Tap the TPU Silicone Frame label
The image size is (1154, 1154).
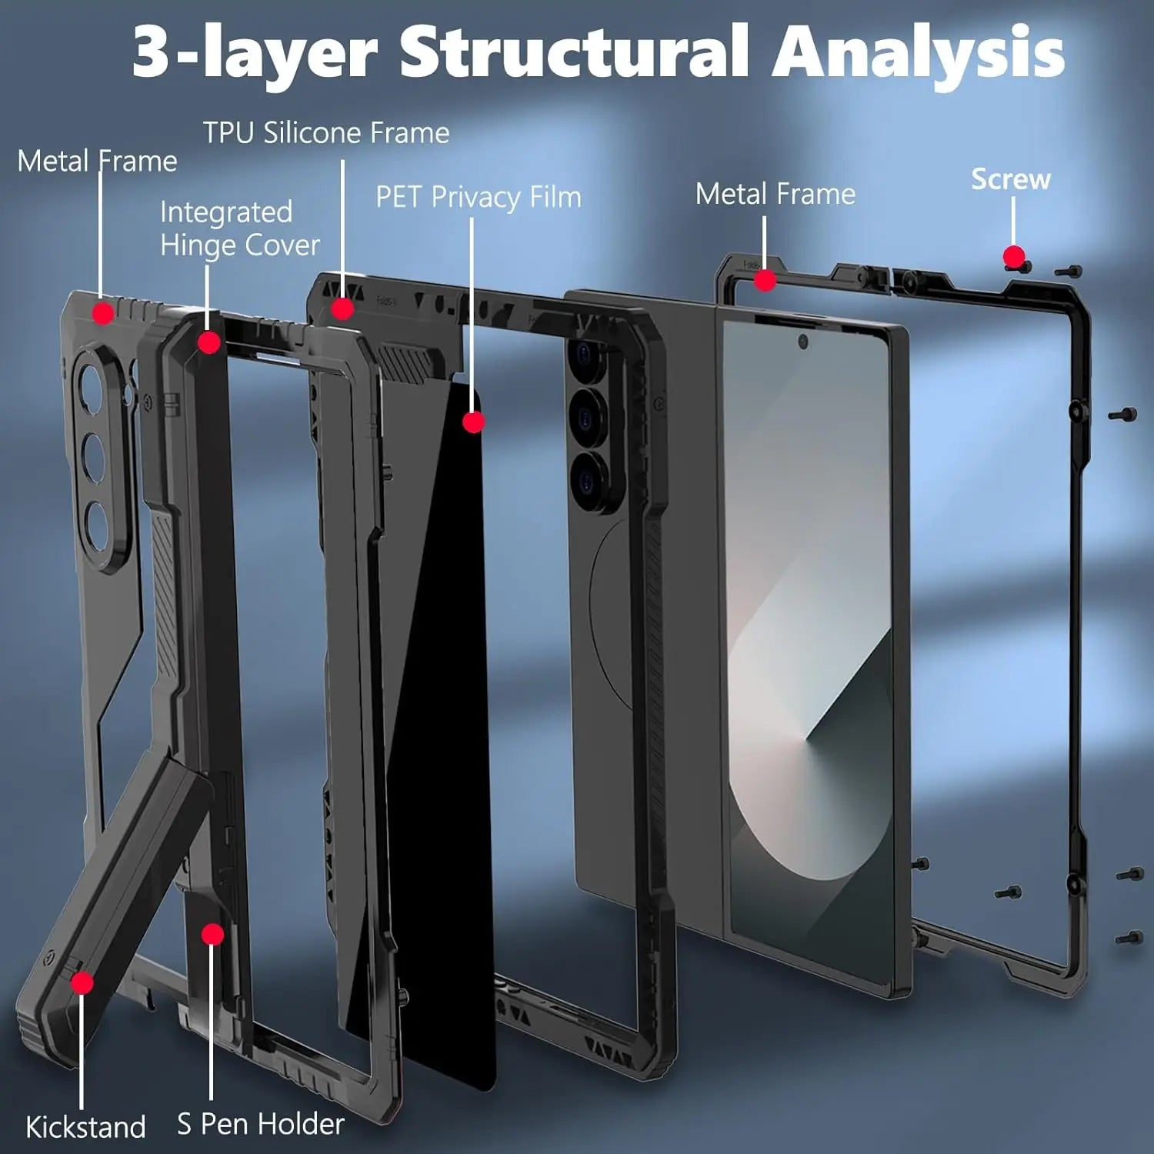326,133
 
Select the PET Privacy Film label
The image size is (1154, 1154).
478,197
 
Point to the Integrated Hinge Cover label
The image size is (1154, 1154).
239,228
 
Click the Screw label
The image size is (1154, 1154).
1010,179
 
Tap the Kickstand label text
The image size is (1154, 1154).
85,1127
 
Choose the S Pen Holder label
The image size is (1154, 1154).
260,1124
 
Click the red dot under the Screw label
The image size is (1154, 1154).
1014,256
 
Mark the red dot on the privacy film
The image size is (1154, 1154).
474,422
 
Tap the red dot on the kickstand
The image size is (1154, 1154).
82,982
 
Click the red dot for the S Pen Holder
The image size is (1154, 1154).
212,934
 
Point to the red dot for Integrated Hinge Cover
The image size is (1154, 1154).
208,342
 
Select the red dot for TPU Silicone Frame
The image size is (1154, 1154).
342,309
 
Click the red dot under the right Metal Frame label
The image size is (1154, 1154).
764,281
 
